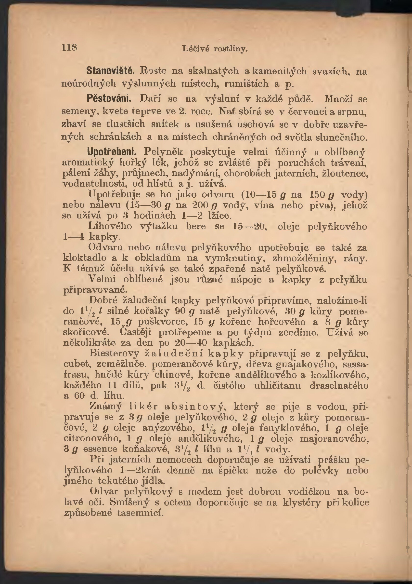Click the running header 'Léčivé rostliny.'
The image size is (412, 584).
[215, 49]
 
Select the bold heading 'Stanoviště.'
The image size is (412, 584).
[110, 71]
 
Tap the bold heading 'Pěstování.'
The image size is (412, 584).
[109, 98]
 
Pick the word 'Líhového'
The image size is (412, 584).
[110, 226]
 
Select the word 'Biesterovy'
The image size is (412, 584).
[114, 353]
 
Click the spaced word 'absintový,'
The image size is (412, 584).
[195, 407]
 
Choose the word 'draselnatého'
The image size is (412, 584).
[339, 386]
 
